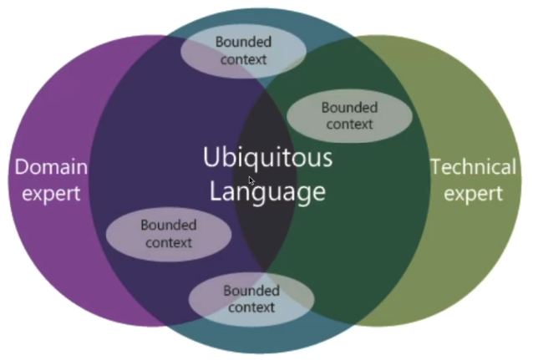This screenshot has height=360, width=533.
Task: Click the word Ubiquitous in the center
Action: [x=267, y=158]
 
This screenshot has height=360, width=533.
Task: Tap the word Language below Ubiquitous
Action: [x=267, y=192]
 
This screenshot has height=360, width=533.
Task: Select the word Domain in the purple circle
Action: [x=52, y=167]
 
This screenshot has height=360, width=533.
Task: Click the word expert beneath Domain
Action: [x=52, y=194]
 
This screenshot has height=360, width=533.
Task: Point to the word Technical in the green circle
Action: [x=474, y=167]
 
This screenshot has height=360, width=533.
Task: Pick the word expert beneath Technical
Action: [x=474, y=194]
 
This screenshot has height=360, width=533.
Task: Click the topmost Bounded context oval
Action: [x=244, y=50]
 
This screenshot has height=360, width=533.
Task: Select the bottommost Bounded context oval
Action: [x=251, y=299]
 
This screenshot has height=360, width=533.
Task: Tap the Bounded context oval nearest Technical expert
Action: [x=349, y=116]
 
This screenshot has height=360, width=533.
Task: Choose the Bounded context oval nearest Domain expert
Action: [x=169, y=234]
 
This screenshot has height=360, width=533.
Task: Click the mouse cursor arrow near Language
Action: [x=251, y=180]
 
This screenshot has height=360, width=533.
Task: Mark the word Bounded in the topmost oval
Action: [x=244, y=42]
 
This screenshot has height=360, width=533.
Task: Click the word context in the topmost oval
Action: [x=244, y=59]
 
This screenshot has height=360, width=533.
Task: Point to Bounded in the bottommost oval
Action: [x=251, y=291]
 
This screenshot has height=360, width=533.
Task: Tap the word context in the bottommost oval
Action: [x=251, y=307]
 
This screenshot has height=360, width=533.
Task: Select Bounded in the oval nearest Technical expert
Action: [x=349, y=108]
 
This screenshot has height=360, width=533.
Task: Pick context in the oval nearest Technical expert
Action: [x=349, y=124]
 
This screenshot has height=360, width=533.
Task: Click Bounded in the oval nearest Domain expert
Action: [x=169, y=226]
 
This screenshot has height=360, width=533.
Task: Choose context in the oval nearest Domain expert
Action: [x=169, y=243]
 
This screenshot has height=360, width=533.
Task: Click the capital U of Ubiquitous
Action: [x=212, y=157]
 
